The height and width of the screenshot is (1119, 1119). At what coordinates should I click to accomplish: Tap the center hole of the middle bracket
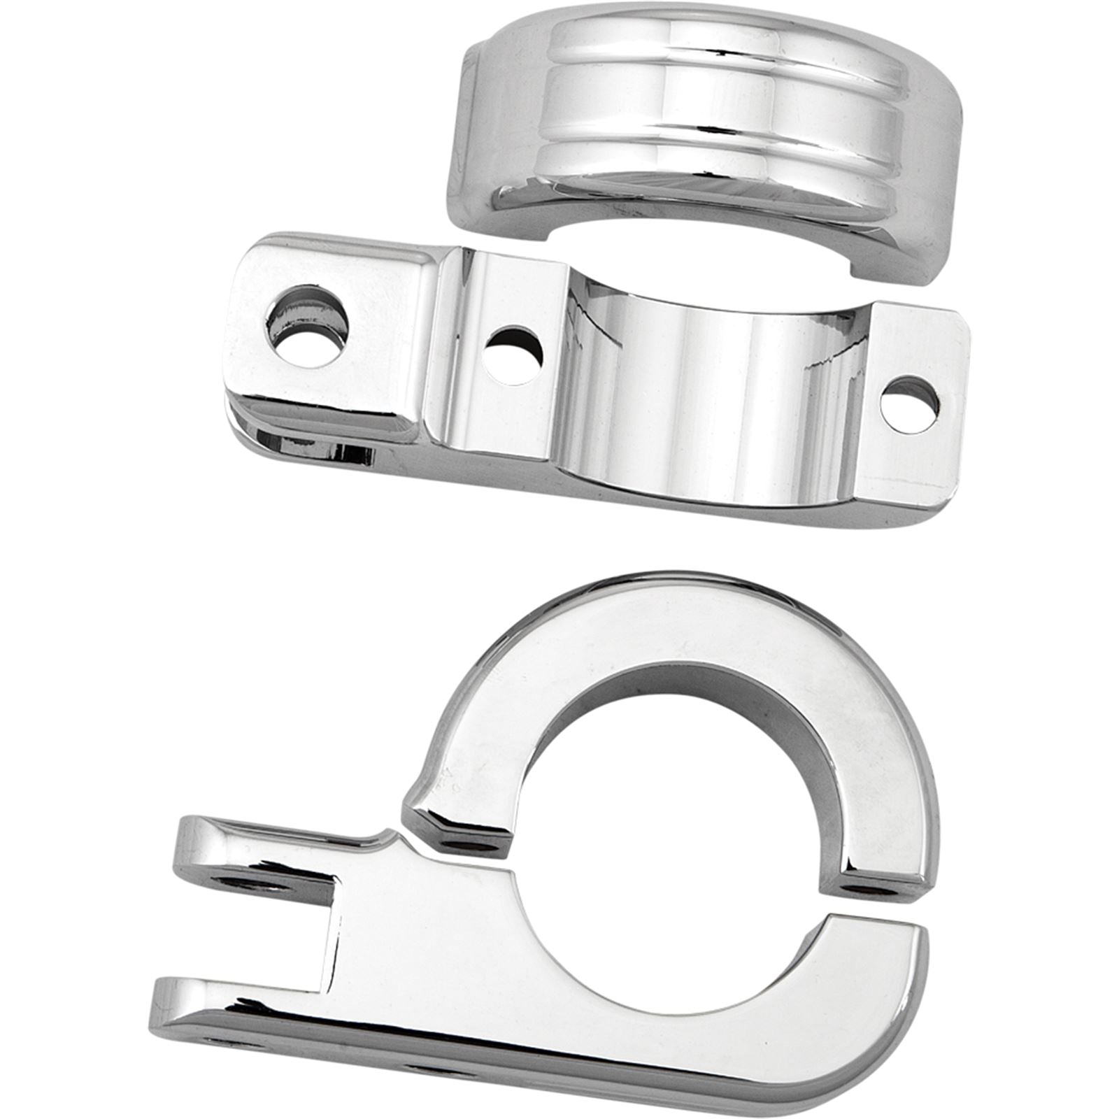513,355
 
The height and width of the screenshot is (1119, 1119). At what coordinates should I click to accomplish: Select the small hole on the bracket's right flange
909,403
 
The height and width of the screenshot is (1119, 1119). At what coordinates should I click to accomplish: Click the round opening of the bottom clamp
671,804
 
